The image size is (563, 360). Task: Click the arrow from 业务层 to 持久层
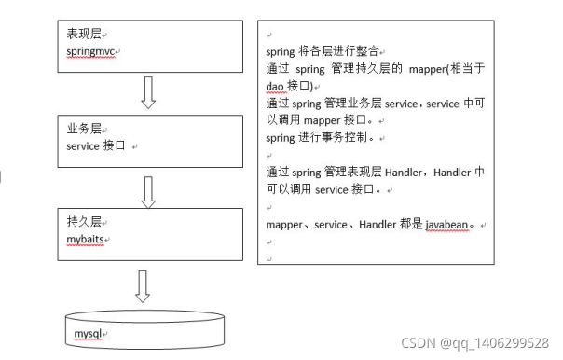(x=145, y=189)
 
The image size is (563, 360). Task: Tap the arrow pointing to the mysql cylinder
(x=143, y=284)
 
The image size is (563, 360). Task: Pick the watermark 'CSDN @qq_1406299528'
(x=475, y=342)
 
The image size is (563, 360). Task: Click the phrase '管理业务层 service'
(x=373, y=104)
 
